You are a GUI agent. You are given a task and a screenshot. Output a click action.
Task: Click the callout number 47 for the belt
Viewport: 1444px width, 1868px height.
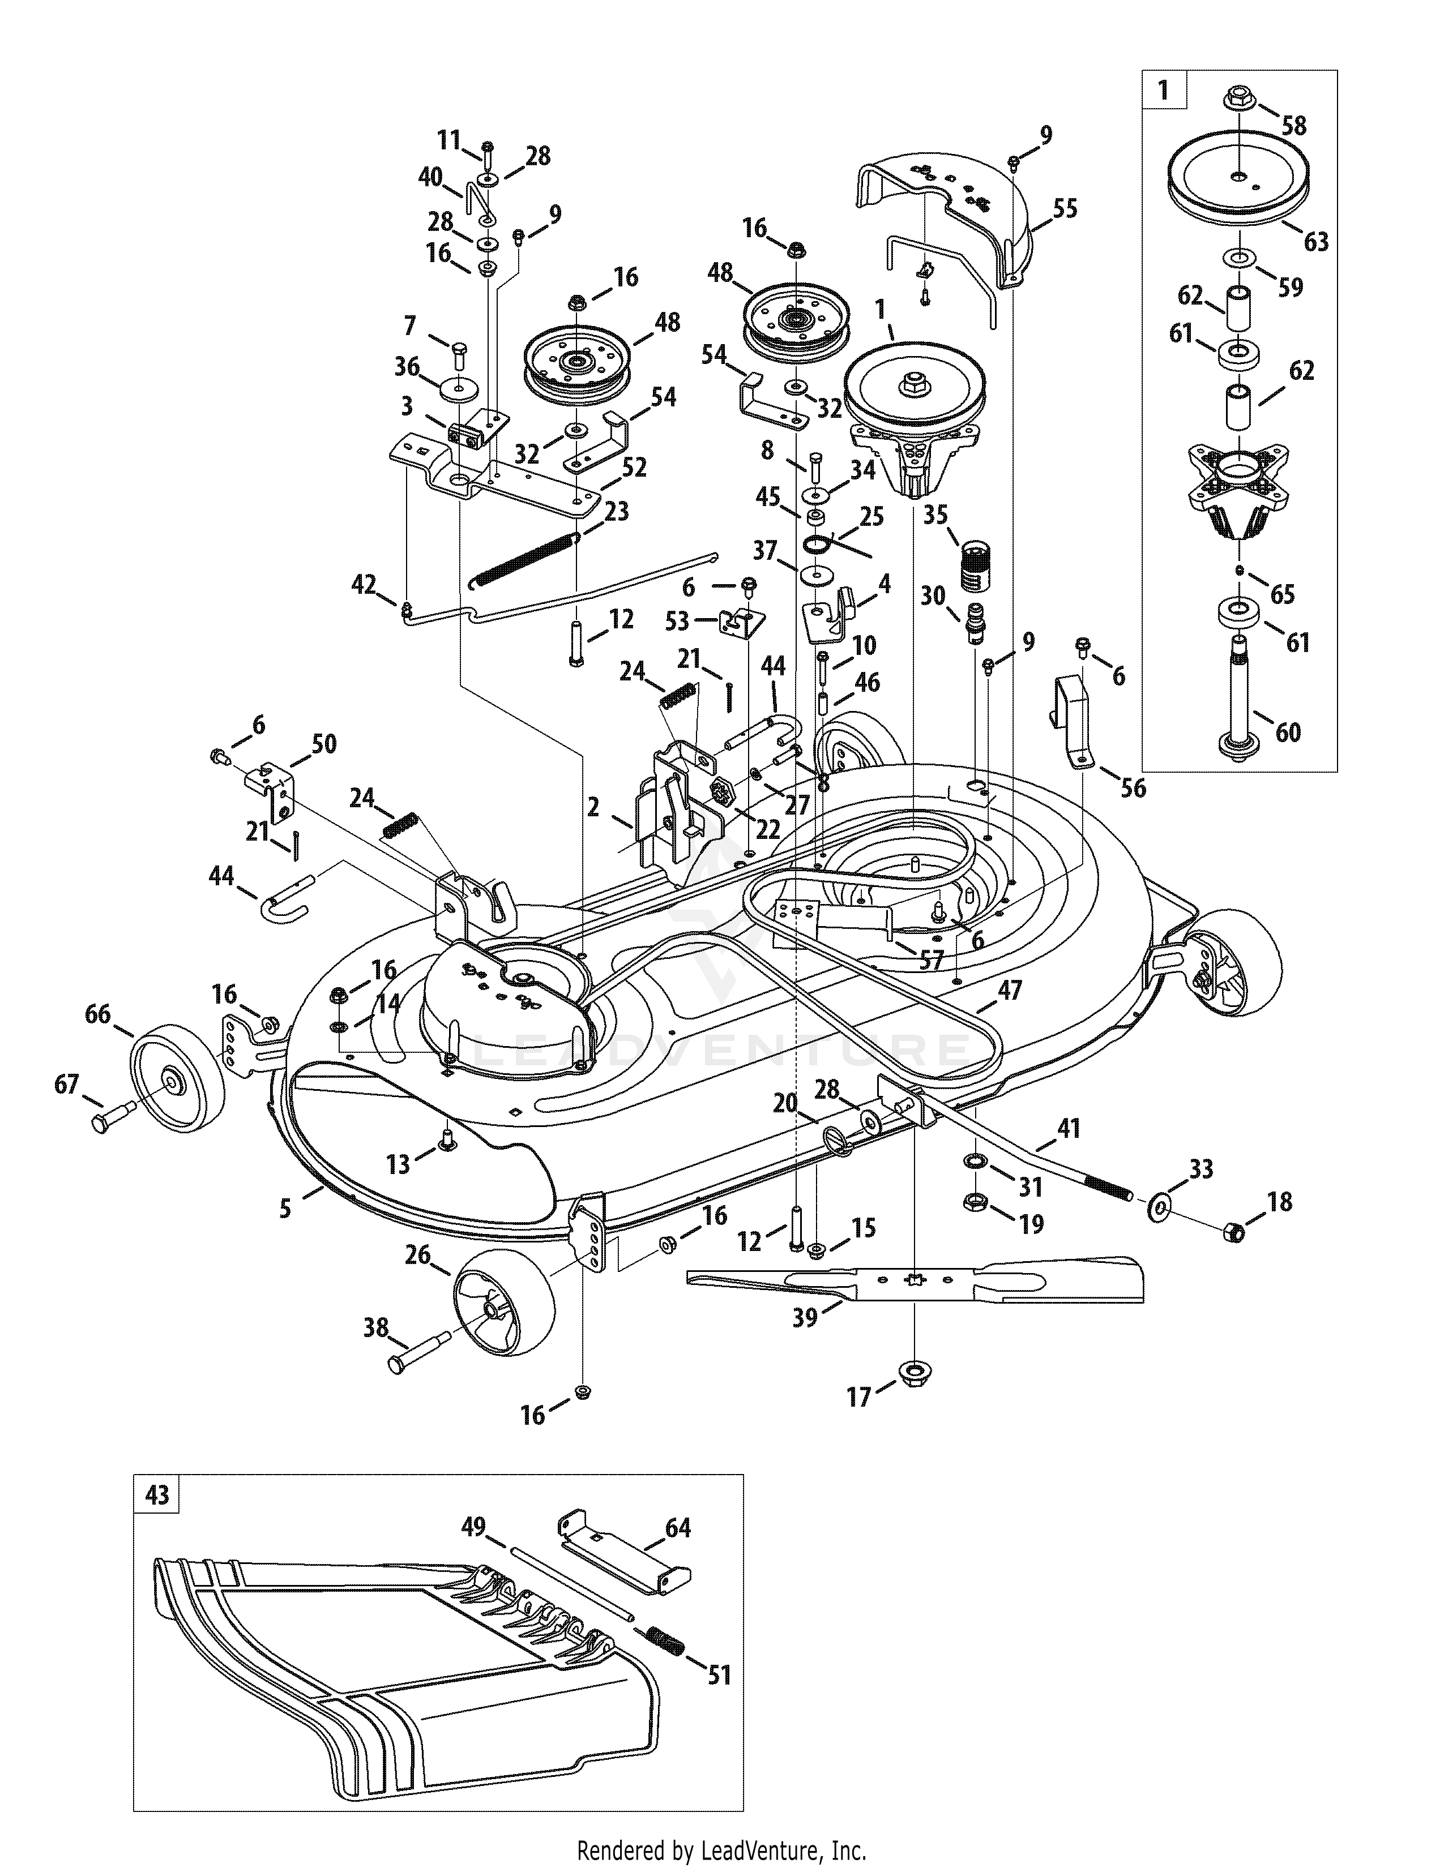1010,991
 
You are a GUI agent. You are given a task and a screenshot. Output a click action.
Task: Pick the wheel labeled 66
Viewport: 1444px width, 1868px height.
176,1082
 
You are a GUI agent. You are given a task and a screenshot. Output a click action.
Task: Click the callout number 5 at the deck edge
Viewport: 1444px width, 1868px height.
285,1207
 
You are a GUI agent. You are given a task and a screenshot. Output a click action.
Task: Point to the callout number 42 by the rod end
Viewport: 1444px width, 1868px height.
364,584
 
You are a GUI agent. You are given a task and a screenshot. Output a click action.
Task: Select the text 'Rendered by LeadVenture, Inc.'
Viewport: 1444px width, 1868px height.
722,1849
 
